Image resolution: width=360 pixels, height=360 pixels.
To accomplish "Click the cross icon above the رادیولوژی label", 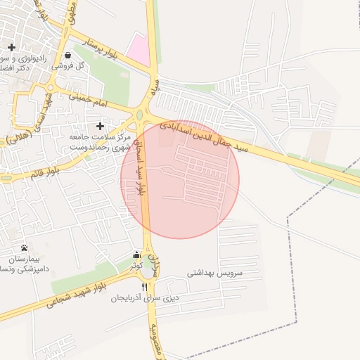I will [x=11, y=47].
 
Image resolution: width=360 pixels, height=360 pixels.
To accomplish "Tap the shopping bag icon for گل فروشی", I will [x=67, y=54].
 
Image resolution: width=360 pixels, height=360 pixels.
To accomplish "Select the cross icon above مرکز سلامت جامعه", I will [x=101, y=126].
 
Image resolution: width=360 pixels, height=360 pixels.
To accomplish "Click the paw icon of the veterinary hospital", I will [x=25, y=247].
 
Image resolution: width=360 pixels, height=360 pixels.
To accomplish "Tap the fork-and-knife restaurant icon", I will [x=145, y=287].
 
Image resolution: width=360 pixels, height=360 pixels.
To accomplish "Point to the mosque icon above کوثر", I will [x=136, y=255].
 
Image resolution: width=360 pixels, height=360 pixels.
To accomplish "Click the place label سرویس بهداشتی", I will [x=214, y=271].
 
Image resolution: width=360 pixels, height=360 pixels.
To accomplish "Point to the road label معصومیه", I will [x=157, y=345].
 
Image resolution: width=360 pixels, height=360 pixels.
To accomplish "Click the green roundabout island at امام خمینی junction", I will [x=140, y=115].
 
